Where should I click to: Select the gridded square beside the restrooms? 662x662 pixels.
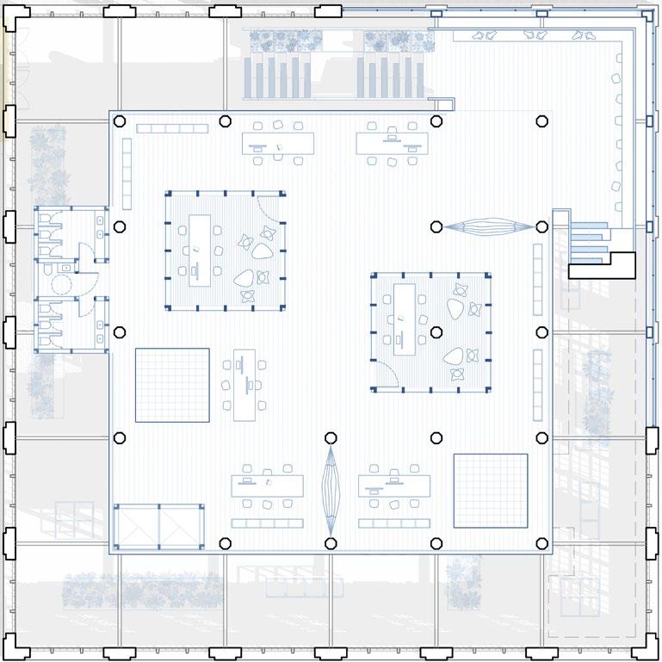172,384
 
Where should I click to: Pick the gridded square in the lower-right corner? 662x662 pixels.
490,490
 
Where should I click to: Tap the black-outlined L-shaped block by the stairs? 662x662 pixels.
603,265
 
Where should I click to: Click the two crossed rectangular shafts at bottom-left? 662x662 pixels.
158,527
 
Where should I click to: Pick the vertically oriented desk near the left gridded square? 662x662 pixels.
245,384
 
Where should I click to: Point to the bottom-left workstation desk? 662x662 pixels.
267,486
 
